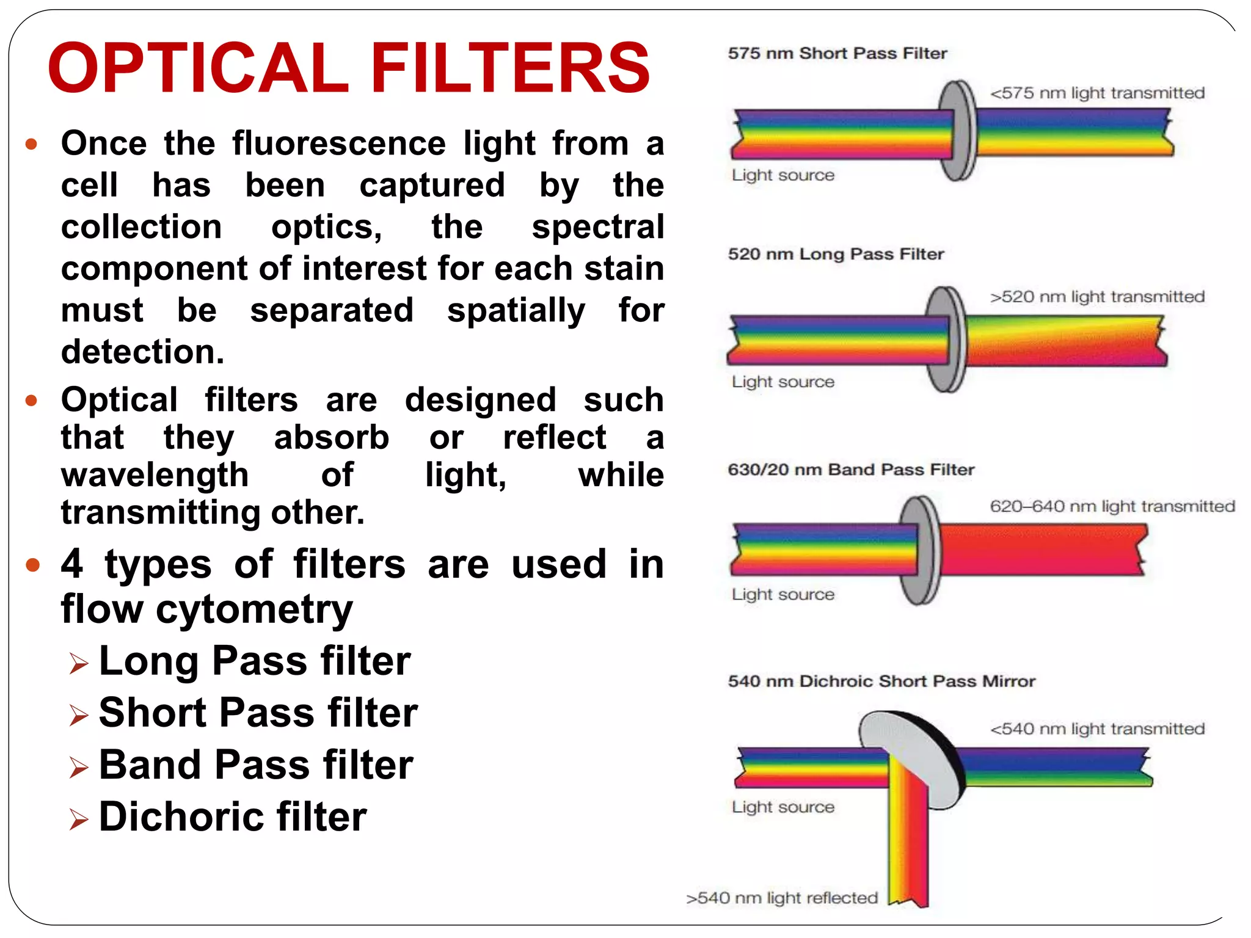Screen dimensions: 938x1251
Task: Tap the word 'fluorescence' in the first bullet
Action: coord(339,144)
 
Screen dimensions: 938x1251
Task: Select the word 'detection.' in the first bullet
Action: coord(143,352)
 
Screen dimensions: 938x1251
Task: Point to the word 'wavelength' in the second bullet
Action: coord(155,475)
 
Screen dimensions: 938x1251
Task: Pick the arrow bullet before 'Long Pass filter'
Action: coord(79,663)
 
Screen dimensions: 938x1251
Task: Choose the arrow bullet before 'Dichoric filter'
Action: coord(79,819)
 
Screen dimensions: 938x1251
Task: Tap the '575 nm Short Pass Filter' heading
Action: coord(837,54)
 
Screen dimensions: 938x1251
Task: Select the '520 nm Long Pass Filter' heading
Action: coord(836,254)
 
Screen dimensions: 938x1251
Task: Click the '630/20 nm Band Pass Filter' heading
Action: coord(850,470)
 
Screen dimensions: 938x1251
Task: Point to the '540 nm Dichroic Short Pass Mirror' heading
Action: coord(881,682)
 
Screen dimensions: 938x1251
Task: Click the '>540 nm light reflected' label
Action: coord(781,898)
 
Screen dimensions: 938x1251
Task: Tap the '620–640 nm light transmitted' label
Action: coord(1112,506)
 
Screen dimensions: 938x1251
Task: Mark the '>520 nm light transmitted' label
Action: coord(1097,297)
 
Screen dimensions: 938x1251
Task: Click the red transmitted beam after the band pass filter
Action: coord(1038,550)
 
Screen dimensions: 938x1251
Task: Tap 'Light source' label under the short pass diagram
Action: coord(782,175)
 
